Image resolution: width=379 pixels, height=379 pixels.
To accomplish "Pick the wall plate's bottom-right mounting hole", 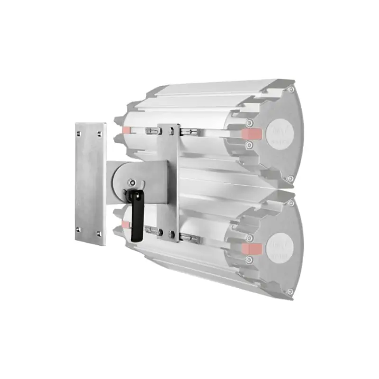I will [x=99, y=234].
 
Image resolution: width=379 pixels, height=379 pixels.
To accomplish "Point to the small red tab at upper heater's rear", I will [x=126, y=129].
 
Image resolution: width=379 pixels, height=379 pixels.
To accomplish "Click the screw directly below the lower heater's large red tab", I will [x=249, y=259].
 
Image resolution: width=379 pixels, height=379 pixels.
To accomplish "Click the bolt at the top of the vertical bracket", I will [x=171, y=132].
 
